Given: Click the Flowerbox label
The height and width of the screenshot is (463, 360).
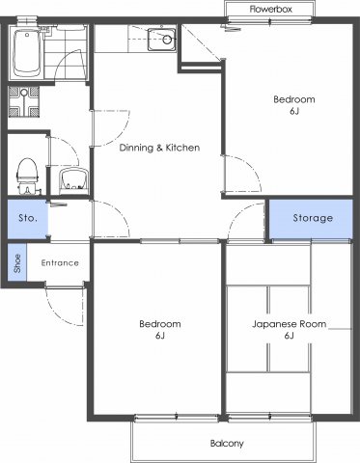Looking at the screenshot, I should (x=270, y=8).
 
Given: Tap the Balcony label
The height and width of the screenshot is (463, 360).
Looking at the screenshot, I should (x=227, y=444).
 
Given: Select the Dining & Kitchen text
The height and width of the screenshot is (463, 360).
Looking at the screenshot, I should (x=159, y=148).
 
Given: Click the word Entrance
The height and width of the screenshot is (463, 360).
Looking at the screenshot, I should (x=60, y=262).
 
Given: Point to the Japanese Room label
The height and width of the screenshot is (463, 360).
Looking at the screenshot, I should (x=289, y=323).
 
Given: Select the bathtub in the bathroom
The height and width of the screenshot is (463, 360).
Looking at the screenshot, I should (x=25, y=54).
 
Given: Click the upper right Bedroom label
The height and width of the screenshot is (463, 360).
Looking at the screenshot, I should (x=292, y=99).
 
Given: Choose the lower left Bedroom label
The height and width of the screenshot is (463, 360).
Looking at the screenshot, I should (x=159, y=323).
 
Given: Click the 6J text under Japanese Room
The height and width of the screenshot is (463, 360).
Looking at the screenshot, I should (x=289, y=337).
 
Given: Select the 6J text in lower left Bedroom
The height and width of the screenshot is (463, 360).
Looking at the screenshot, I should (x=159, y=337).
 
